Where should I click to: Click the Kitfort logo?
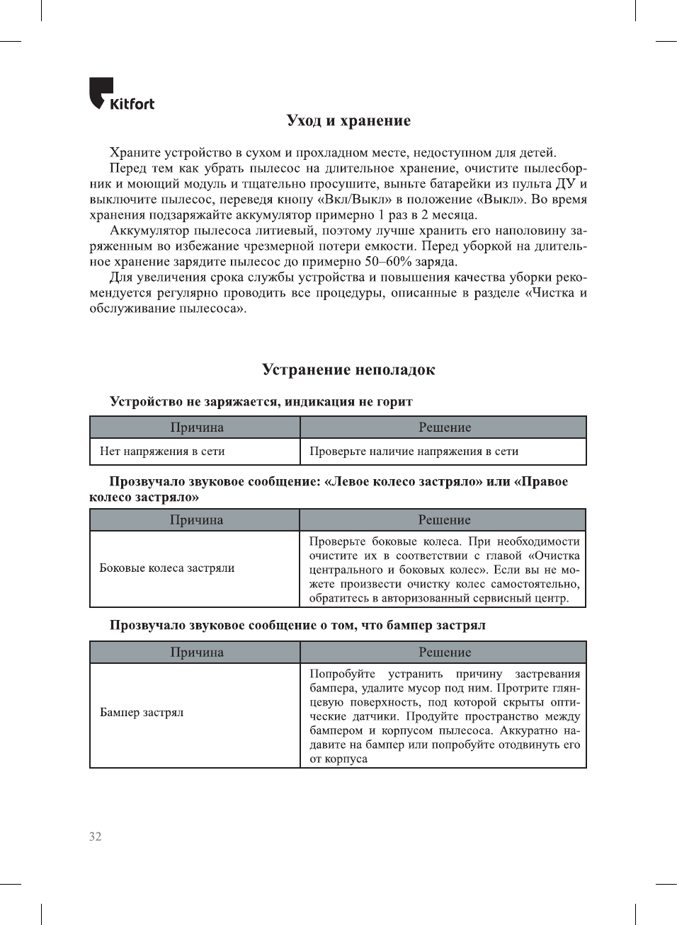click(x=121, y=95)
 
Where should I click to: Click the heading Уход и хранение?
click(x=348, y=120)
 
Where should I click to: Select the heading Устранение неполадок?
click(x=348, y=369)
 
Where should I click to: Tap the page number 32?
click(x=96, y=837)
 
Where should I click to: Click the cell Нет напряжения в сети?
click(x=162, y=452)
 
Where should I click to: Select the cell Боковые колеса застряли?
click(x=167, y=568)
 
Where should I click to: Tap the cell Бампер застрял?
click(x=142, y=713)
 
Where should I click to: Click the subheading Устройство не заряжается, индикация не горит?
click(x=261, y=402)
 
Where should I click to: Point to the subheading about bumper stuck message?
click(x=297, y=626)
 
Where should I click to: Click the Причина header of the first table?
click(x=197, y=427)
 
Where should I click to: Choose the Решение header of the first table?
click(x=445, y=427)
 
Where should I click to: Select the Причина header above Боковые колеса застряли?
click(x=196, y=520)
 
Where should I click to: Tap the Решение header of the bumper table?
click(x=445, y=653)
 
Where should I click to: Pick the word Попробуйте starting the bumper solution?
click(x=342, y=674)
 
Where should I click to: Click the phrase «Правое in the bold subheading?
click(x=542, y=482)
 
